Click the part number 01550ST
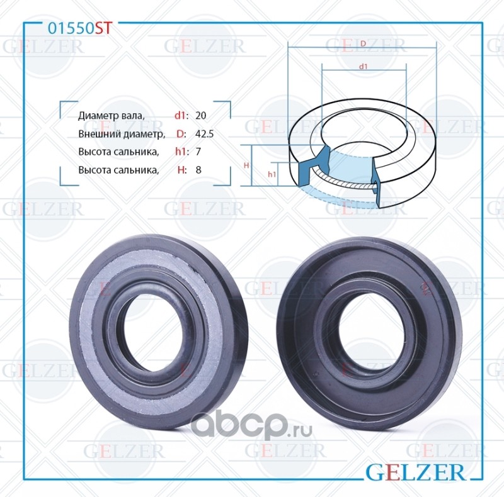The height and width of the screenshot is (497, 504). pos(79,28)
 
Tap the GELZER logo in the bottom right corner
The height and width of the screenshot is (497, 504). pos(415,472)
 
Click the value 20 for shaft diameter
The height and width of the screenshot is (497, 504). pos(200,115)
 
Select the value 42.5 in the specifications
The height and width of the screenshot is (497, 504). pos(204,133)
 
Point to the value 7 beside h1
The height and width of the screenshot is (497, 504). pos(198,151)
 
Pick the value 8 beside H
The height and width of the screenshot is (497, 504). pos(198,169)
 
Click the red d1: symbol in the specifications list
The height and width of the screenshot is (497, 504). pos(180,115)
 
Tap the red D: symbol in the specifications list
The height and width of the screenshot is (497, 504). pos(181,133)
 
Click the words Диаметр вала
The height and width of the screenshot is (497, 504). pos(112,116)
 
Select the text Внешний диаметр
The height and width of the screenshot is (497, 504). pos(122,133)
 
